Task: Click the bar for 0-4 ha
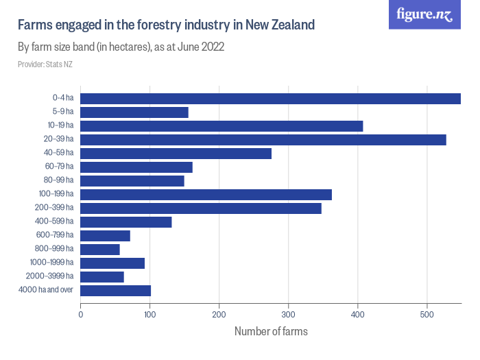tap(270, 98)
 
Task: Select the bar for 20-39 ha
tap(263, 139)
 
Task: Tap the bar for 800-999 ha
tap(100, 249)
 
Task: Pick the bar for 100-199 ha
tap(206, 194)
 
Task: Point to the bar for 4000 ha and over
tap(116, 290)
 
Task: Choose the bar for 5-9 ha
tap(134, 112)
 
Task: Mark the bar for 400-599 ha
tap(126, 221)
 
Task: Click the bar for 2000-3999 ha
tap(102, 276)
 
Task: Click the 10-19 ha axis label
tap(60, 125)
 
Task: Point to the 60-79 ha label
tap(60, 167)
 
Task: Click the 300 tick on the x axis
tap(289, 315)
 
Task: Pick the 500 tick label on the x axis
tap(427, 315)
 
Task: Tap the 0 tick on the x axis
tap(81, 315)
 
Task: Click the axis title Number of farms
tap(271, 332)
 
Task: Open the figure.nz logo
tap(424, 14)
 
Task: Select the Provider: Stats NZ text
tap(45, 64)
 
